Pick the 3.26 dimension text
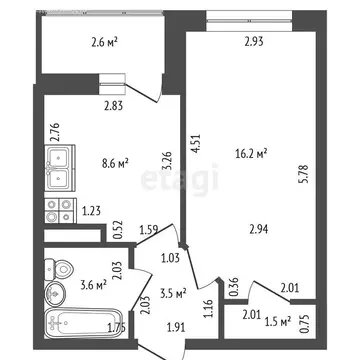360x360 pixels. pyautogui.click(x=166, y=160)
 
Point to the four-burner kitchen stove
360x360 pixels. pyautogui.click(x=57, y=210)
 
